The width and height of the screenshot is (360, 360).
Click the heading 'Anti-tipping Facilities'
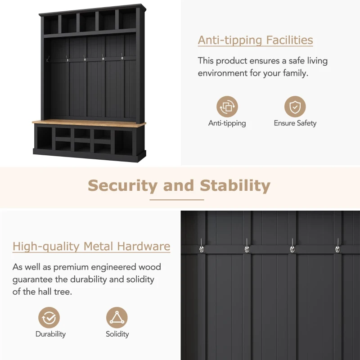(255, 40)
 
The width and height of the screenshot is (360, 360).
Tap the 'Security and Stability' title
(179, 185)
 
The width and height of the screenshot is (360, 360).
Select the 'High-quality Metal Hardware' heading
(91, 247)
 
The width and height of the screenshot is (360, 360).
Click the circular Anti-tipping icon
(227, 107)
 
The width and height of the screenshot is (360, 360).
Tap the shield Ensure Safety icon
(295, 107)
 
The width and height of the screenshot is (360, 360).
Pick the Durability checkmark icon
(49, 317)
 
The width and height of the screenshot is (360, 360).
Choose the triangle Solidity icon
(117, 317)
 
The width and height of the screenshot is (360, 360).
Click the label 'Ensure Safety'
(295, 123)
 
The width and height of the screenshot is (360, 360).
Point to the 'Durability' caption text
(50, 334)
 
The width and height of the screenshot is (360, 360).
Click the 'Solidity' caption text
(117, 334)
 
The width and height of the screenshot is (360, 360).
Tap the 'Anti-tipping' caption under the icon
(227, 123)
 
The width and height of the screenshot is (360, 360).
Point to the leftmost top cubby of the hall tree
(51, 25)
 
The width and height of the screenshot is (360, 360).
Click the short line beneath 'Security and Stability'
(177, 199)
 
